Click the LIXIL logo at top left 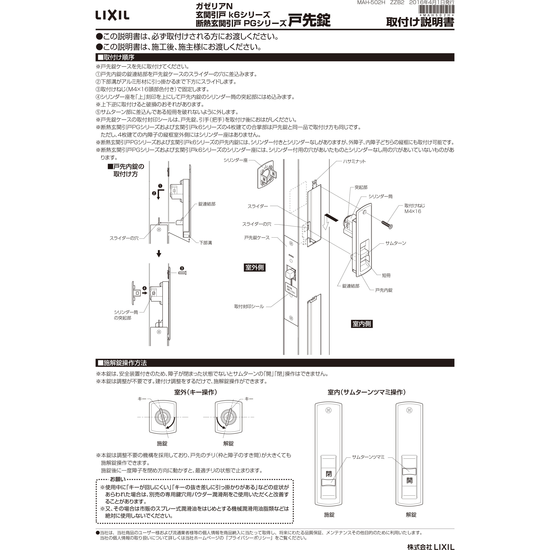[x=112, y=15]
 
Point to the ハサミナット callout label [x=354, y=161]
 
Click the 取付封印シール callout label [x=249, y=307]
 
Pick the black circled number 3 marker [x=182, y=268]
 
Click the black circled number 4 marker [x=145, y=288]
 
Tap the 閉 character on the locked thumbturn [x=329, y=474]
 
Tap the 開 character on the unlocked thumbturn [x=409, y=481]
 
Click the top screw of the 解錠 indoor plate [x=409, y=410]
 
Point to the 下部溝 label [x=205, y=243]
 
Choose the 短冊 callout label [x=386, y=275]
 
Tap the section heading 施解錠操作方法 [x=125, y=363]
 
